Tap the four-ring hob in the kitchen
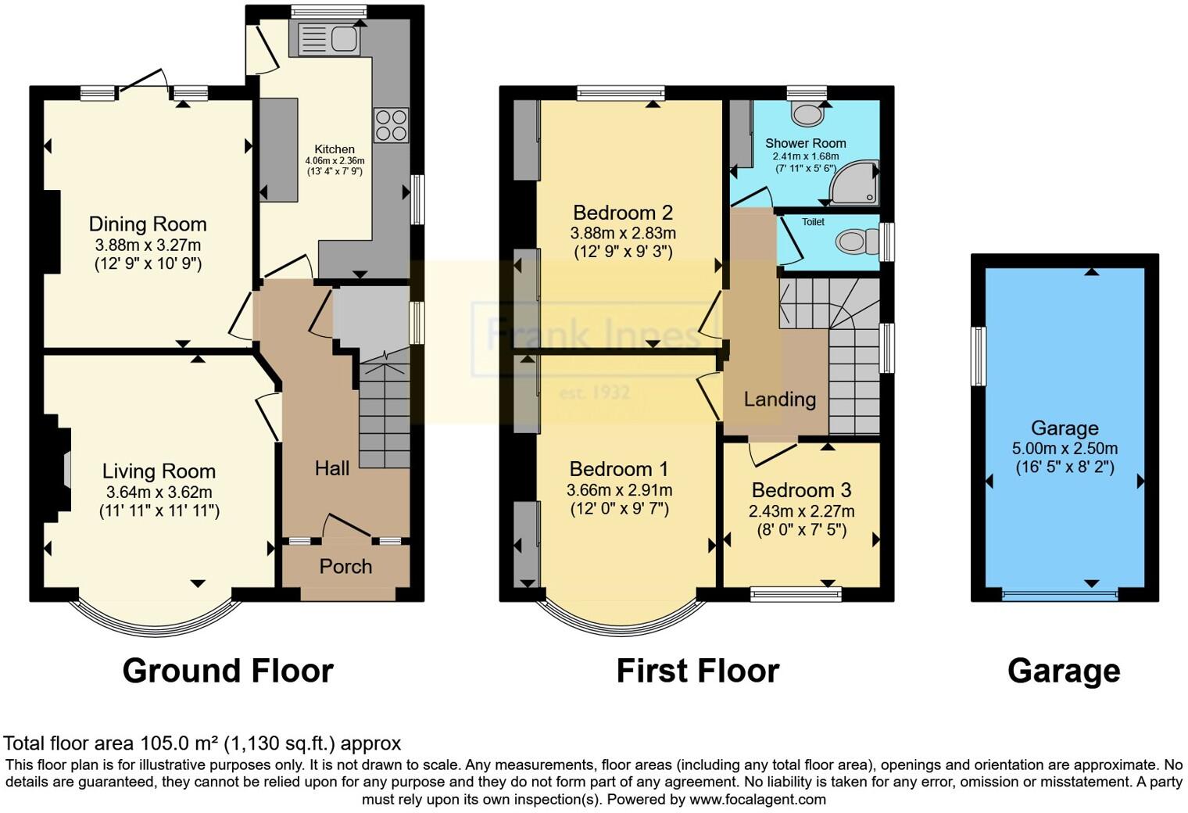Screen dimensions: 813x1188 click(391, 125)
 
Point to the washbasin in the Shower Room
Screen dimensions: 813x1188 click(807, 114)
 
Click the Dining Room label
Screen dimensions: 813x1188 click(148, 224)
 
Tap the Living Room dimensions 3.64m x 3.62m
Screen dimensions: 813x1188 click(159, 492)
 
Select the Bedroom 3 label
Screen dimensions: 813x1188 click(801, 490)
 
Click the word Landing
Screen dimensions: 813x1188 click(779, 399)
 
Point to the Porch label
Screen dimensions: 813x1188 click(345, 566)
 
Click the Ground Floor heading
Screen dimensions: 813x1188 click(227, 671)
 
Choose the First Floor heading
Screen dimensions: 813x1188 click(697, 671)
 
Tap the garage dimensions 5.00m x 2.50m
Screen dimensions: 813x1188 click(1065, 449)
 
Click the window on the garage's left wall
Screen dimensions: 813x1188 click(978, 356)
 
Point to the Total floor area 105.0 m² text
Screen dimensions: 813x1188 click(202, 743)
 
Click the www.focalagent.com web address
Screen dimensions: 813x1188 click(757, 799)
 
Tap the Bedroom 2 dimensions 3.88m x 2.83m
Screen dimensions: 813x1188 click(623, 233)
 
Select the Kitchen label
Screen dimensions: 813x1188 click(335, 149)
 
